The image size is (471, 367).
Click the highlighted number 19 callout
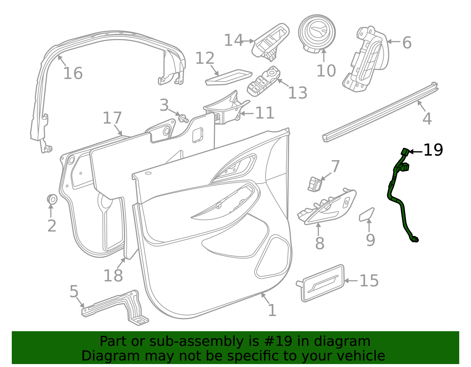coord(433,150)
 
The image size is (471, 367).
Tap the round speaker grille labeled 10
coord(317,33)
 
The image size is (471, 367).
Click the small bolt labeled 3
coord(183,118)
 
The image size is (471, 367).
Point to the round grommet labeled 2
coord(52,199)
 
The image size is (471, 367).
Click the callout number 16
coord(73,73)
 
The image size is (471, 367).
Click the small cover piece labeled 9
coord(366,214)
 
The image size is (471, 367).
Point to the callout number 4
coord(427,119)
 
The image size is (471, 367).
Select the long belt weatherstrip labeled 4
coord(380,113)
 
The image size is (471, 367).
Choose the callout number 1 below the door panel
coord(272,310)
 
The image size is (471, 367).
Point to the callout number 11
coord(265,113)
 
